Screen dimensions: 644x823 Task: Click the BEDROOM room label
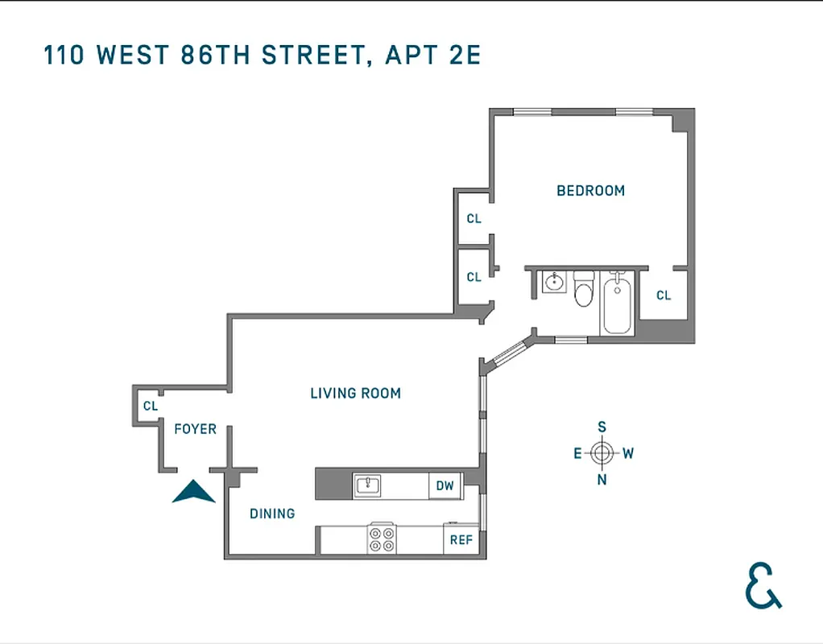click(x=590, y=191)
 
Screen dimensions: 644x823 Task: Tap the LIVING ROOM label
click(x=355, y=393)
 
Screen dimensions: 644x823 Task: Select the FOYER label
click(x=195, y=429)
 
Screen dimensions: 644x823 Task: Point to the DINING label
click(x=271, y=513)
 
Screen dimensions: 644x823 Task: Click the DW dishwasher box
click(x=445, y=485)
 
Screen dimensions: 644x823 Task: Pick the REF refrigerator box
click(x=461, y=539)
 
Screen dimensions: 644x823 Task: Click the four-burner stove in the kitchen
click(x=382, y=538)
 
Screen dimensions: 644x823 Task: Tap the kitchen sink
click(x=368, y=485)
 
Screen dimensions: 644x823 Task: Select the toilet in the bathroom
click(x=584, y=291)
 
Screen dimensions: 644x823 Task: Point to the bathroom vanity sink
click(x=554, y=283)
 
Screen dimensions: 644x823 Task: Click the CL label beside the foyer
click(x=151, y=406)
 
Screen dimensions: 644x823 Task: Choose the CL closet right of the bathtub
click(x=663, y=295)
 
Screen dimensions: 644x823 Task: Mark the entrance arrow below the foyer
click(x=193, y=492)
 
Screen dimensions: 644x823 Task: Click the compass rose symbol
click(x=602, y=452)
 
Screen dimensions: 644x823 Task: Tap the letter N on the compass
click(x=602, y=480)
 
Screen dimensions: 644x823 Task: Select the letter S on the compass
click(x=602, y=427)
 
